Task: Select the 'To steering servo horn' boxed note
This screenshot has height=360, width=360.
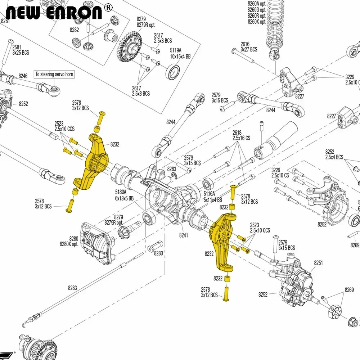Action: click(54, 75)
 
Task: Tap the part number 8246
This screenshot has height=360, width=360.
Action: click(23, 76)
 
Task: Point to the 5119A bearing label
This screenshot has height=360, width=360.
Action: click(176, 53)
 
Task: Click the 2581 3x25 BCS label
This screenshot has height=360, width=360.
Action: click(21, 50)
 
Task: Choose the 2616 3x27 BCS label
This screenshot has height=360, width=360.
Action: click(249, 47)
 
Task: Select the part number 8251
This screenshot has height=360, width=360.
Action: click(319, 263)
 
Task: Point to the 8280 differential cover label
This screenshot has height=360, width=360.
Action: click(69, 241)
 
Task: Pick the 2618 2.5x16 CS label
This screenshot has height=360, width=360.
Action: click(241, 135)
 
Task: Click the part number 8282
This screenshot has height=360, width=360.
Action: click(74, 30)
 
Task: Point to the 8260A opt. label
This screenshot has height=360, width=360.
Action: click(257, 4)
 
